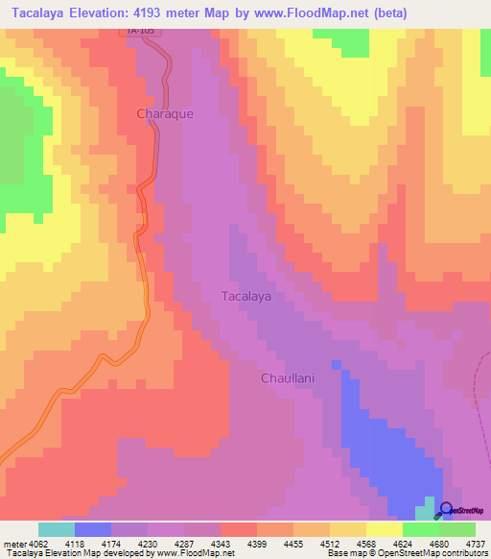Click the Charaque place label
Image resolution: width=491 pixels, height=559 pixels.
click(165, 113)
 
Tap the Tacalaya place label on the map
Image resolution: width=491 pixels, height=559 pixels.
click(246, 297)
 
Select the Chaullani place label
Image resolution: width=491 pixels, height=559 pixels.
click(289, 378)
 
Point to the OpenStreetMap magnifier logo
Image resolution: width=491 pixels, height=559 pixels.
click(445, 510)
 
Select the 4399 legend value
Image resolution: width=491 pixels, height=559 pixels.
click(257, 543)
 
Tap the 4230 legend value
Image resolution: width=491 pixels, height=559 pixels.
click(148, 543)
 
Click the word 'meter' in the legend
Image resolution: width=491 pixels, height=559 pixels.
click(12, 543)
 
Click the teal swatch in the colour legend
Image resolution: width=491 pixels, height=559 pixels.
click(57, 529)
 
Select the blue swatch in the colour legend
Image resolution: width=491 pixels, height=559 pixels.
click(93, 529)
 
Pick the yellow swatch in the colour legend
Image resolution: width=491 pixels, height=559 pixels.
click(385, 529)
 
